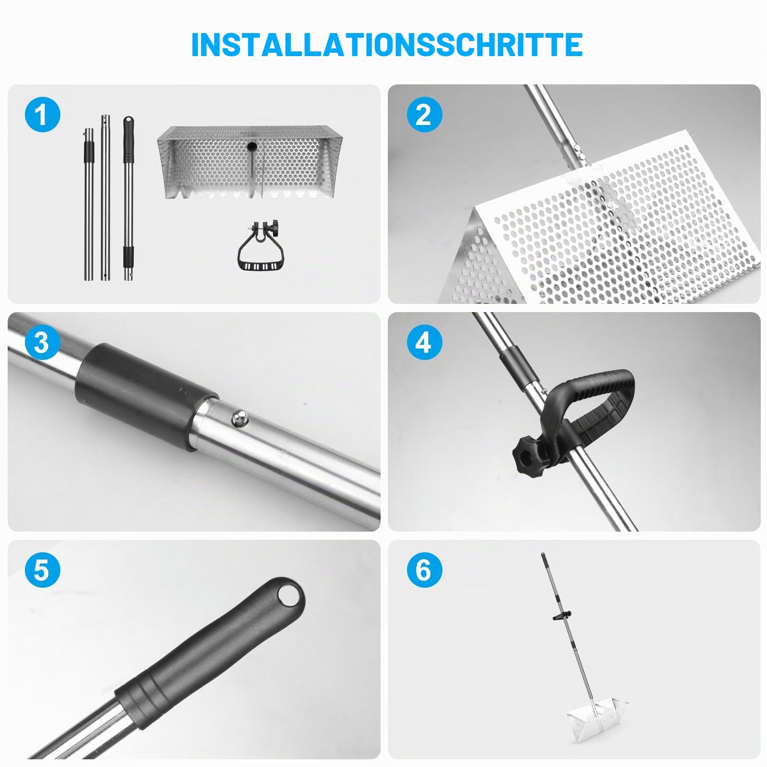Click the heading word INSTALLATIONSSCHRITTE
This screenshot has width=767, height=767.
387,45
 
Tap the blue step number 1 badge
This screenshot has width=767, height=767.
43,115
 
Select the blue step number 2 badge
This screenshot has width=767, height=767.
424,115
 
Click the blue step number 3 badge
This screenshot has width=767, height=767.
43,342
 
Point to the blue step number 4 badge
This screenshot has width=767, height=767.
424,342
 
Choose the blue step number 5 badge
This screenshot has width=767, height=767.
43,570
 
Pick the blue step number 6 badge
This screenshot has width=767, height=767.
424,570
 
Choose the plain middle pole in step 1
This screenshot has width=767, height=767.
105,197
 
